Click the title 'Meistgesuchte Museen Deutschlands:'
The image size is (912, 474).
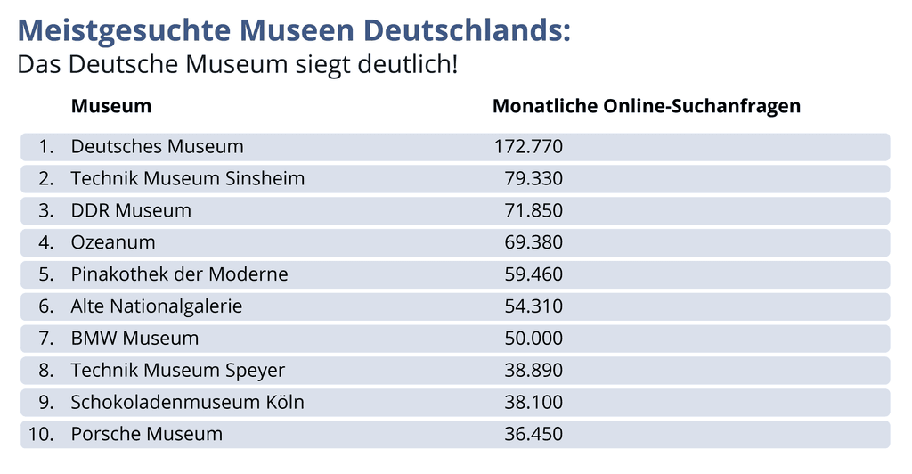tap(294, 29)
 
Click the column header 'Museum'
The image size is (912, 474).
tap(111, 106)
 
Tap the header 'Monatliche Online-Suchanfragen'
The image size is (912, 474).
tap(647, 106)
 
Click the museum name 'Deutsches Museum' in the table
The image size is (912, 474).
tap(157, 146)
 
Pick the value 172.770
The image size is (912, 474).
tap(528, 146)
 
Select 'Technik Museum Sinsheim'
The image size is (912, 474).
tap(188, 178)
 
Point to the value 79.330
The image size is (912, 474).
tap(533, 178)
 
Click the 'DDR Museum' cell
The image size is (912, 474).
tap(131, 210)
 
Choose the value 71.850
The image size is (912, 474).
tap(533, 210)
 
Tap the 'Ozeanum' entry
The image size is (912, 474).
tap(113, 242)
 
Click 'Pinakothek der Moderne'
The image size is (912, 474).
tap(180, 274)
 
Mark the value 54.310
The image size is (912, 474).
tap(533, 306)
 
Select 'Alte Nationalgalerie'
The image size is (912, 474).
tap(157, 306)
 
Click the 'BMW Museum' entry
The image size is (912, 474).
tap(134, 339)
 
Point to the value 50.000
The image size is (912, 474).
tap(533, 339)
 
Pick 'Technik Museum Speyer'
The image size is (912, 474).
tap(178, 371)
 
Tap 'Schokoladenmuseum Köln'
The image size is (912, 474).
tap(188, 403)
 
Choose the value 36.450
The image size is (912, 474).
tap(533, 435)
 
